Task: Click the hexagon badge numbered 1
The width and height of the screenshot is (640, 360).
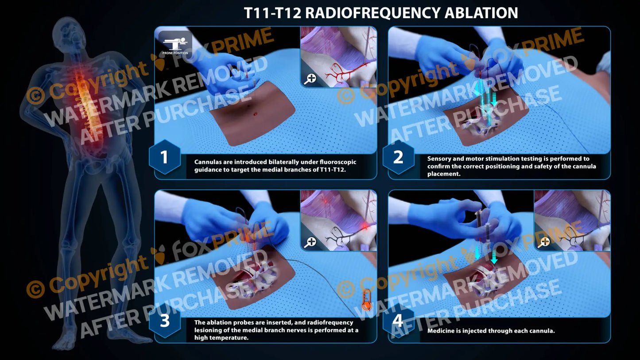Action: click(164, 157)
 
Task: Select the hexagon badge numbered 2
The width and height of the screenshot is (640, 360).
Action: click(398, 157)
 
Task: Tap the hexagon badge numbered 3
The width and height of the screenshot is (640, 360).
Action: click(164, 321)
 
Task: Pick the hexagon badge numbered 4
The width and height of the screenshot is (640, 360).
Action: click(398, 321)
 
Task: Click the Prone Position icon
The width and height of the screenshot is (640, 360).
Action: click(175, 43)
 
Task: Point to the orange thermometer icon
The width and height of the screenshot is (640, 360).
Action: click(366, 300)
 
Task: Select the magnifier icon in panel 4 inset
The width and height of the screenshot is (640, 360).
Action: click(544, 242)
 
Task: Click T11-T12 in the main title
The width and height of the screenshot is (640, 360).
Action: click(272, 13)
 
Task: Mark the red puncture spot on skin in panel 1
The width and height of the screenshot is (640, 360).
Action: click(256, 114)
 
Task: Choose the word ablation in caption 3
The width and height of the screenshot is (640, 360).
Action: click(217, 323)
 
